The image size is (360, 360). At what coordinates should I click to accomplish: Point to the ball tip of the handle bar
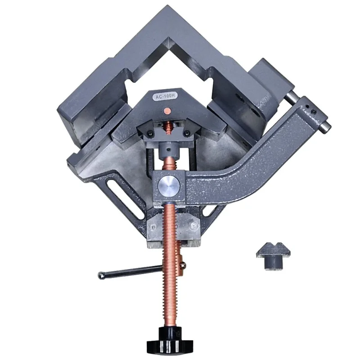point(101,274)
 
